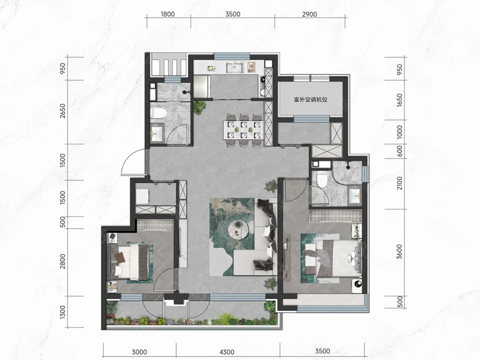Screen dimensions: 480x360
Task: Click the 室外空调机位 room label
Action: [310, 100]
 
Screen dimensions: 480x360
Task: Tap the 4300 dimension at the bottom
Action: [227, 352]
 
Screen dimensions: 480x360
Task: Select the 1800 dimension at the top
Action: [167, 14]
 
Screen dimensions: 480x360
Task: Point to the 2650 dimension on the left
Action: [62, 111]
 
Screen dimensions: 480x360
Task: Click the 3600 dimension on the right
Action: [399, 251]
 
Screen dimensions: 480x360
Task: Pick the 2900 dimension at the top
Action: [310, 14]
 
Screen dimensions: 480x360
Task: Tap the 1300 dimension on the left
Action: [62, 312]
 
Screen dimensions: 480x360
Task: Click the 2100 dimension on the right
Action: [399, 183]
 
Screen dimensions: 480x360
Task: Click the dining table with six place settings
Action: [244, 130]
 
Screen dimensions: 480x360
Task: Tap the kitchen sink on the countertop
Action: [235, 67]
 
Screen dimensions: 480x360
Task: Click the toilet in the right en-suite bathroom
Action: [322, 180]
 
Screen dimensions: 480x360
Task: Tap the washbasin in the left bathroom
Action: [157, 133]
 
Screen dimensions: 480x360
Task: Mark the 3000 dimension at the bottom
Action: [139, 352]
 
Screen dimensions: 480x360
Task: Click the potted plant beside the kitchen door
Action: [200, 107]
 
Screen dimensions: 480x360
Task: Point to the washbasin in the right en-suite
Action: [355, 195]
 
